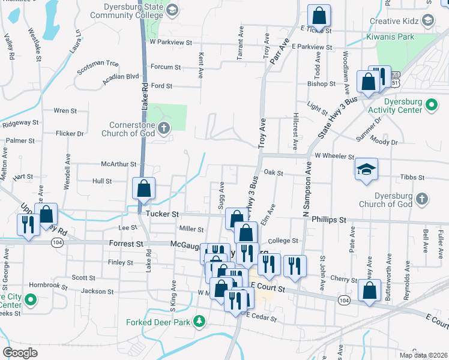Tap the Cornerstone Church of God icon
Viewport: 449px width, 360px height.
pos(163,128)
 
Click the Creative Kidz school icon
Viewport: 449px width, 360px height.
pos(427,20)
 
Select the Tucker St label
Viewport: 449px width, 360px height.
pos(158,214)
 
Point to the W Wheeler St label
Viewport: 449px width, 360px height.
pos(334,156)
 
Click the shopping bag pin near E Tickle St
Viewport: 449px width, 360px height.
pos(319,16)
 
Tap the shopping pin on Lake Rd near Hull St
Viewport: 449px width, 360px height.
pos(144,188)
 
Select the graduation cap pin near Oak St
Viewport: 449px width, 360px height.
pos(366,169)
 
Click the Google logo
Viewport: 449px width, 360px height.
pos(20,352)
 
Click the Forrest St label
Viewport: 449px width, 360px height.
pos(126,244)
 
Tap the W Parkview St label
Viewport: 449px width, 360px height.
pos(170,43)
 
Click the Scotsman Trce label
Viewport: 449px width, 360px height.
pos(98,63)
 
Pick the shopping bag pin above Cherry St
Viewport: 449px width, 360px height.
pos(370,290)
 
